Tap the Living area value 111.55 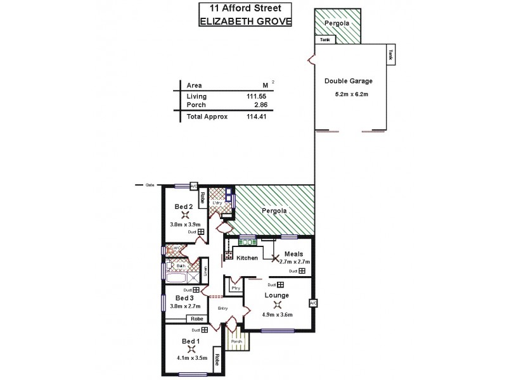pos(255,96)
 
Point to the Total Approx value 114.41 pos(255,117)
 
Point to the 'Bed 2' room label pos(184,206)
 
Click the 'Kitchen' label pos(247,258)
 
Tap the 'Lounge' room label pos(277,295)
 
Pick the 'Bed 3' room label pos(184,298)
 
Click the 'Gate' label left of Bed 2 pos(150,185)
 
